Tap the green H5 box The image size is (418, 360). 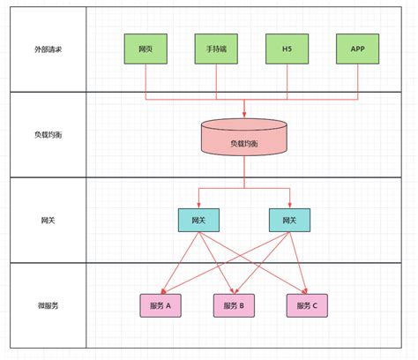coord(287,49)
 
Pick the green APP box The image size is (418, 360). coord(358,49)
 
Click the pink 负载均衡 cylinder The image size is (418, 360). coord(244,141)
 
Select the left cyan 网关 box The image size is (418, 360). coord(198,220)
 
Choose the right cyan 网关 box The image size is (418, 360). coord(288,220)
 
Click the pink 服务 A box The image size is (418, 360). coord(161,305)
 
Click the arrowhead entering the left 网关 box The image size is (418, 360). coord(198,205)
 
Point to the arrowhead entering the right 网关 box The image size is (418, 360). coord(288,205)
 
